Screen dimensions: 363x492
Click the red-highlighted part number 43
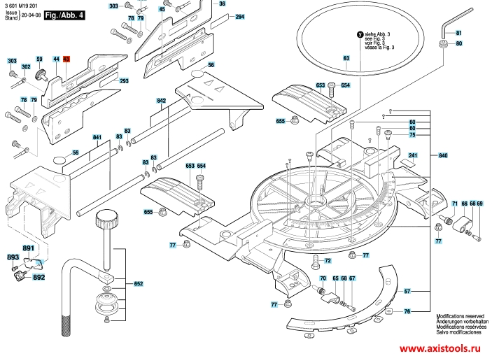click(x=66, y=60)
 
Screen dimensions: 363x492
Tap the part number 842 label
click(x=161, y=101)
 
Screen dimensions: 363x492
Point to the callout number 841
click(x=97, y=137)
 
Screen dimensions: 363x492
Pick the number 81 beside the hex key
click(x=459, y=33)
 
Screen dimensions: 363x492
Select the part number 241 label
click(x=413, y=155)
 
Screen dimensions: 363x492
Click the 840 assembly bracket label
click(x=442, y=155)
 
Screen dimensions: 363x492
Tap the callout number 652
click(x=139, y=283)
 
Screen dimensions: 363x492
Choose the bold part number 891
click(x=28, y=249)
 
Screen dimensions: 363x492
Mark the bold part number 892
click(x=38, y=278)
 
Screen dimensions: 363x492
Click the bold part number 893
click(x=13, y=258)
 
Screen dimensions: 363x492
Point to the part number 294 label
click(x=240, y=16)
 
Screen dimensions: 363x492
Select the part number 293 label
click(x=125, y=82)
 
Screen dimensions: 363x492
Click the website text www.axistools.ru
click(x=439, y=348)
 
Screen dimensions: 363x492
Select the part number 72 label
click(x=325, y=260)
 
